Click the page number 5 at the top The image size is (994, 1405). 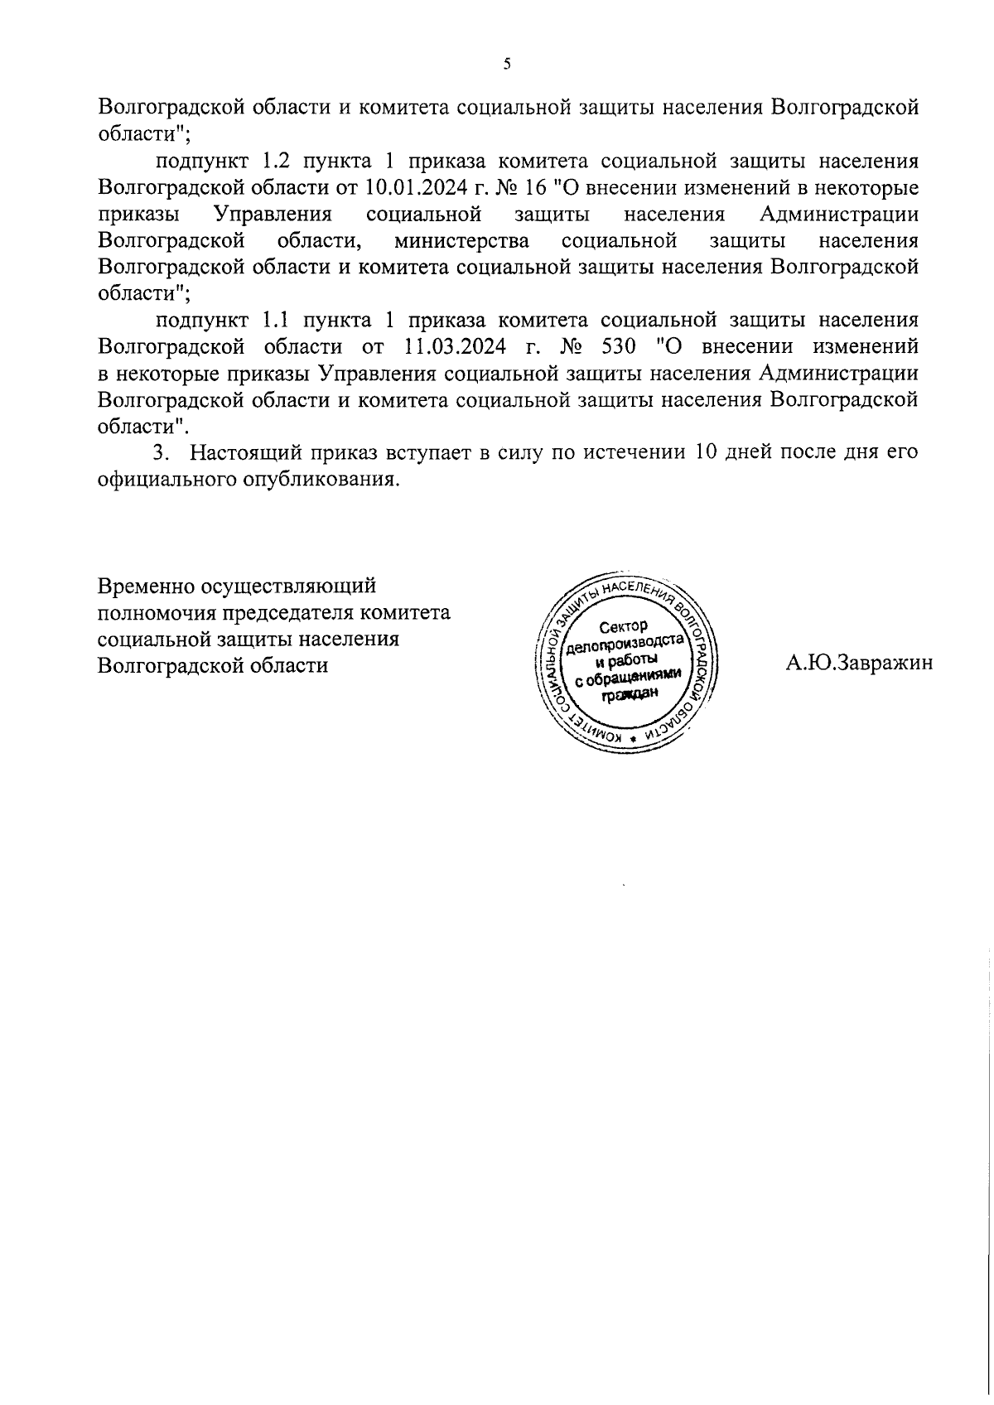pos(507,65)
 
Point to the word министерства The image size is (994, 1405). pos(462,241)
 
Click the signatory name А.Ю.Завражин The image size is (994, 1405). pos(859,662)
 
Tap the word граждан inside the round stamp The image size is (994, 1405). pos(630,697)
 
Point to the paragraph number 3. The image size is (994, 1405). pos(161,453)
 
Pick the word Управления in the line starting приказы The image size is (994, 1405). pos(273,215)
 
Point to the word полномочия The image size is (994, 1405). pos(154,613)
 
